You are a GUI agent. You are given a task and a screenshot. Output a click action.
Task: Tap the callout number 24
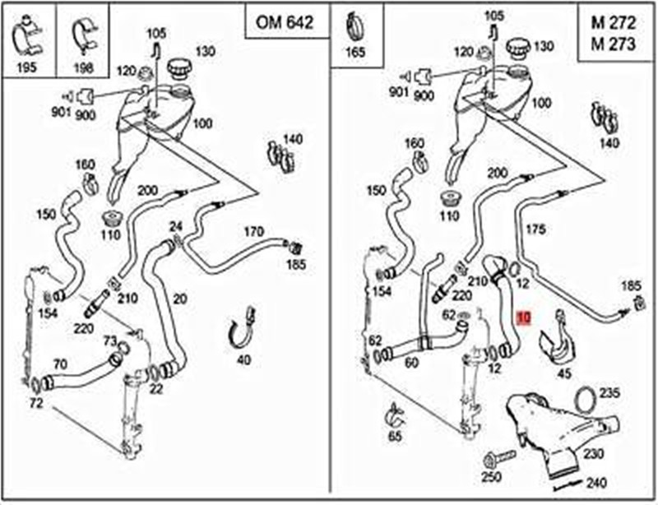pyautogui.click(x=175, y=226)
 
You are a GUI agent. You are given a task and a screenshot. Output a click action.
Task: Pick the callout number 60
pyautogui.click(x=411, y=362)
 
